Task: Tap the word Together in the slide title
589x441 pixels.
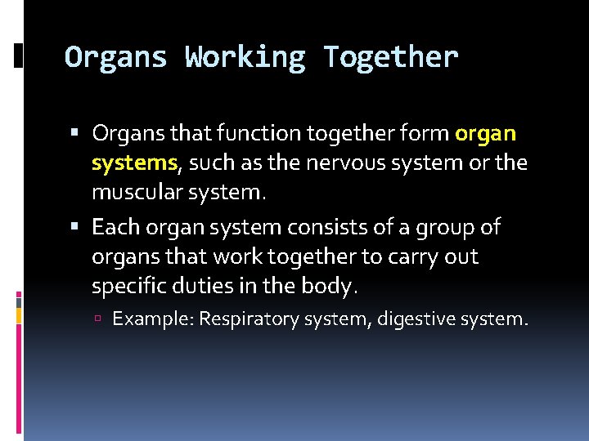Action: (x=390, y=57)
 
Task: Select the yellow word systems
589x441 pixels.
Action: (x=134, y=163)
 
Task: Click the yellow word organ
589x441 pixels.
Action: (x=486, y=133)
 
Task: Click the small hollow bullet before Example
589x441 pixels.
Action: (x=98, y=318)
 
